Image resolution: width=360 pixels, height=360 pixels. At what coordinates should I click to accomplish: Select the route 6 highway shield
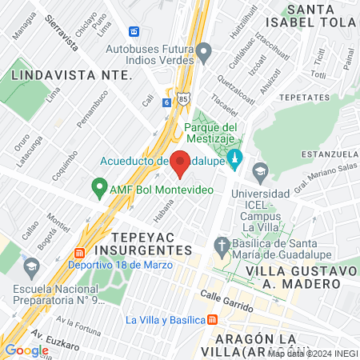(166, 102)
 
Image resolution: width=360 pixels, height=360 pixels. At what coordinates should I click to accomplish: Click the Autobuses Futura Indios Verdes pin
(204, 54)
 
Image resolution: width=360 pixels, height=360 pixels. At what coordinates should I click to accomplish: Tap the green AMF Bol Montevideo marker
(100, 189)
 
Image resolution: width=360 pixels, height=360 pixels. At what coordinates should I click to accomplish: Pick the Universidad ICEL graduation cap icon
(260, 170)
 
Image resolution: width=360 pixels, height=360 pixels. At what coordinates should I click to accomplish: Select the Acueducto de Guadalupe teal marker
(234, 158)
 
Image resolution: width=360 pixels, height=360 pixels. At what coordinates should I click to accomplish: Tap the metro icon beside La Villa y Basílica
(211, 319)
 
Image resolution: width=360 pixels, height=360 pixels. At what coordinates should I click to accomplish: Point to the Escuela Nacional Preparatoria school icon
(31, 265)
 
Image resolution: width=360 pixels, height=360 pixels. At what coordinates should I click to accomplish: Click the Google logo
(26, 350)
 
